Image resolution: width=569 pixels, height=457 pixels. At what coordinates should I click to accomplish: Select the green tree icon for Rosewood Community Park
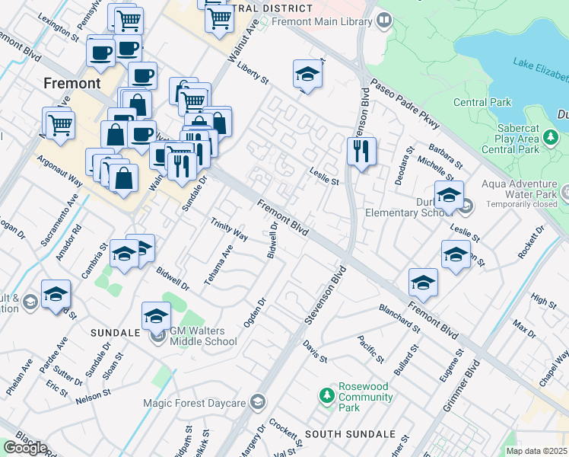(327, 395)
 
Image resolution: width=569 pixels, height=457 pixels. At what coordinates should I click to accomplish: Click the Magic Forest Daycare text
(195, 402)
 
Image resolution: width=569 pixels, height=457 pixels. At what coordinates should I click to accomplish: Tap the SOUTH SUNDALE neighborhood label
(350, 434)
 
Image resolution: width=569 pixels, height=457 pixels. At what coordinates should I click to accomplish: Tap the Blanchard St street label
(399, 317)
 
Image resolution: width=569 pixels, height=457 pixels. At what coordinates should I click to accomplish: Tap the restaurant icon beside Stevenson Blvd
(361, 151)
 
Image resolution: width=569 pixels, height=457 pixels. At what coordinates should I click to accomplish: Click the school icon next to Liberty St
(307, 75)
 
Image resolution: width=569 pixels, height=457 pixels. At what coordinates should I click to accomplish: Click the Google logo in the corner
(24, 448)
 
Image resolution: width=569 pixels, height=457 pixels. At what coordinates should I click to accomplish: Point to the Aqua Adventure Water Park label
(525, 190)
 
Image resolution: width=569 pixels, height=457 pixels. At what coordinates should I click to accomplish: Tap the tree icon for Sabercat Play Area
(552, 138)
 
